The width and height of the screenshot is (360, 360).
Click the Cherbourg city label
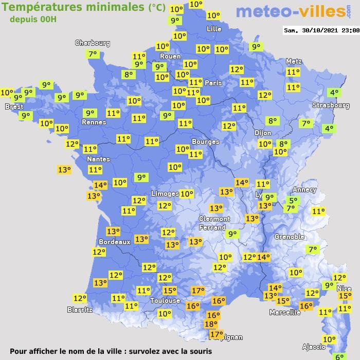(x=93, y=43)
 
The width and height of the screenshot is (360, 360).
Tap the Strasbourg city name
(x=331, y=105)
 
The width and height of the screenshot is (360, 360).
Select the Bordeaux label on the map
(x=114, y=242)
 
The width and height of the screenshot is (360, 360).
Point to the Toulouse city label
(x=165, y=300)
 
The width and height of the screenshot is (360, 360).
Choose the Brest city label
(x=14, y=107)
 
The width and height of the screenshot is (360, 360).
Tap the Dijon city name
(x=262, y=132)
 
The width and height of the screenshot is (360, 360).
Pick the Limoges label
(x=165, y=194)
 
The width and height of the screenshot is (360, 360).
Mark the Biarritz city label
(x=80, y=310)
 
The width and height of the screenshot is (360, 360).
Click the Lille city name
(x=214, y=29)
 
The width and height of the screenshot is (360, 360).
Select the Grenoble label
(x=290, y=237)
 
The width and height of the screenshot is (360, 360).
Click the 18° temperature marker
(x=211, y=324)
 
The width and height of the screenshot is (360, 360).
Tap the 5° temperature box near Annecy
(x=293, y=201)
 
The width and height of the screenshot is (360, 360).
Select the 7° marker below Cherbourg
(x=93, y=54)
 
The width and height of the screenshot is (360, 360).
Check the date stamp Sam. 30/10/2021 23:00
(x=321, y=30)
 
